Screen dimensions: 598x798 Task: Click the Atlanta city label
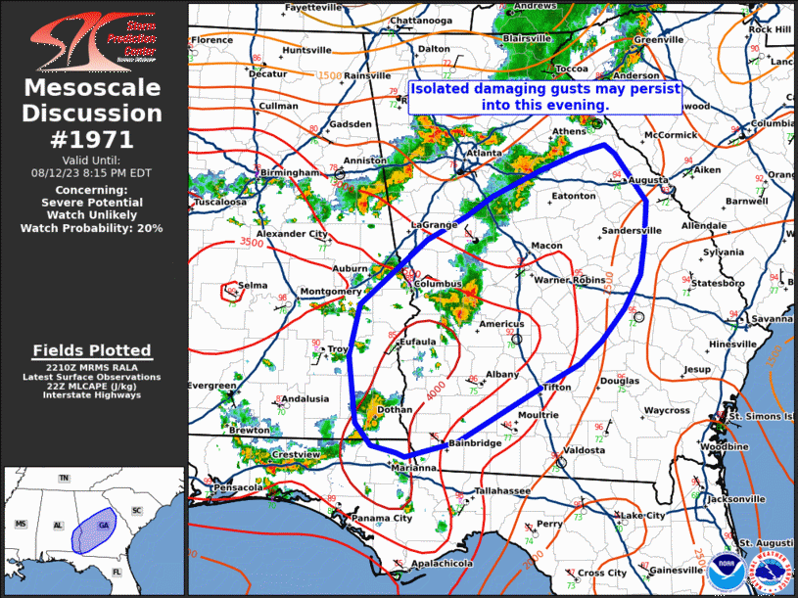[483, 153]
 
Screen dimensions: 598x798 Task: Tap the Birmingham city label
[290, 172]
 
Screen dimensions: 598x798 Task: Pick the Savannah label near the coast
[773, 319]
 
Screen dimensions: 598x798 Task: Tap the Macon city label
[546, 245]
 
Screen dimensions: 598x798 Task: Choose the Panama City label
[382, 518]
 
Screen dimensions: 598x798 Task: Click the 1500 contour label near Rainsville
[329, 75]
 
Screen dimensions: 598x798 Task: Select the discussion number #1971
[94, 138]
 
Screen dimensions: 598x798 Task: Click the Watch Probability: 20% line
[92, 228]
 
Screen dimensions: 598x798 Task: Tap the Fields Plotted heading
[92, 350]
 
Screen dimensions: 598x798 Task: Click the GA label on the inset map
[104, 526]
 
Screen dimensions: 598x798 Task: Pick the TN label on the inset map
[64, 478]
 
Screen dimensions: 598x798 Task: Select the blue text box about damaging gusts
[545, 95]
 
